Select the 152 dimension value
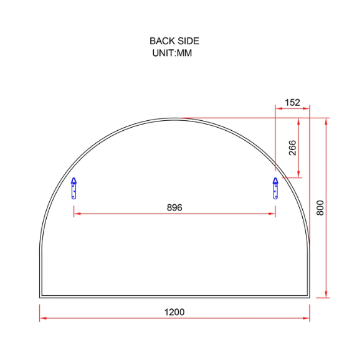pyautogui.click(x=292, y=102)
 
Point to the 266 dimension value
pyautogui.click(x=292, y=148)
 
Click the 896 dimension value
pyautogui.click(x=174, y=207)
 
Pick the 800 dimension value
pyautogui.click(x=320, y=207)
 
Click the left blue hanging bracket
pyautogui.click(x=74, y=187)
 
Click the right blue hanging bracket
pyautogui.click(x=275, y=187)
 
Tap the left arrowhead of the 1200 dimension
pyautogui.click(x=42, y=318)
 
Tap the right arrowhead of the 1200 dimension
pyautogui.click(x=307, y=318)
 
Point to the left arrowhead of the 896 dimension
pyautogui.click(x=77, y=214)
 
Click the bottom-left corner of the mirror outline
pyautogui.click(x=40, y=297)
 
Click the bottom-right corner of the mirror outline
pyautogui.click(x=310, y=297)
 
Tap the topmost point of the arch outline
pyautogui.click(x=175, y=118)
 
